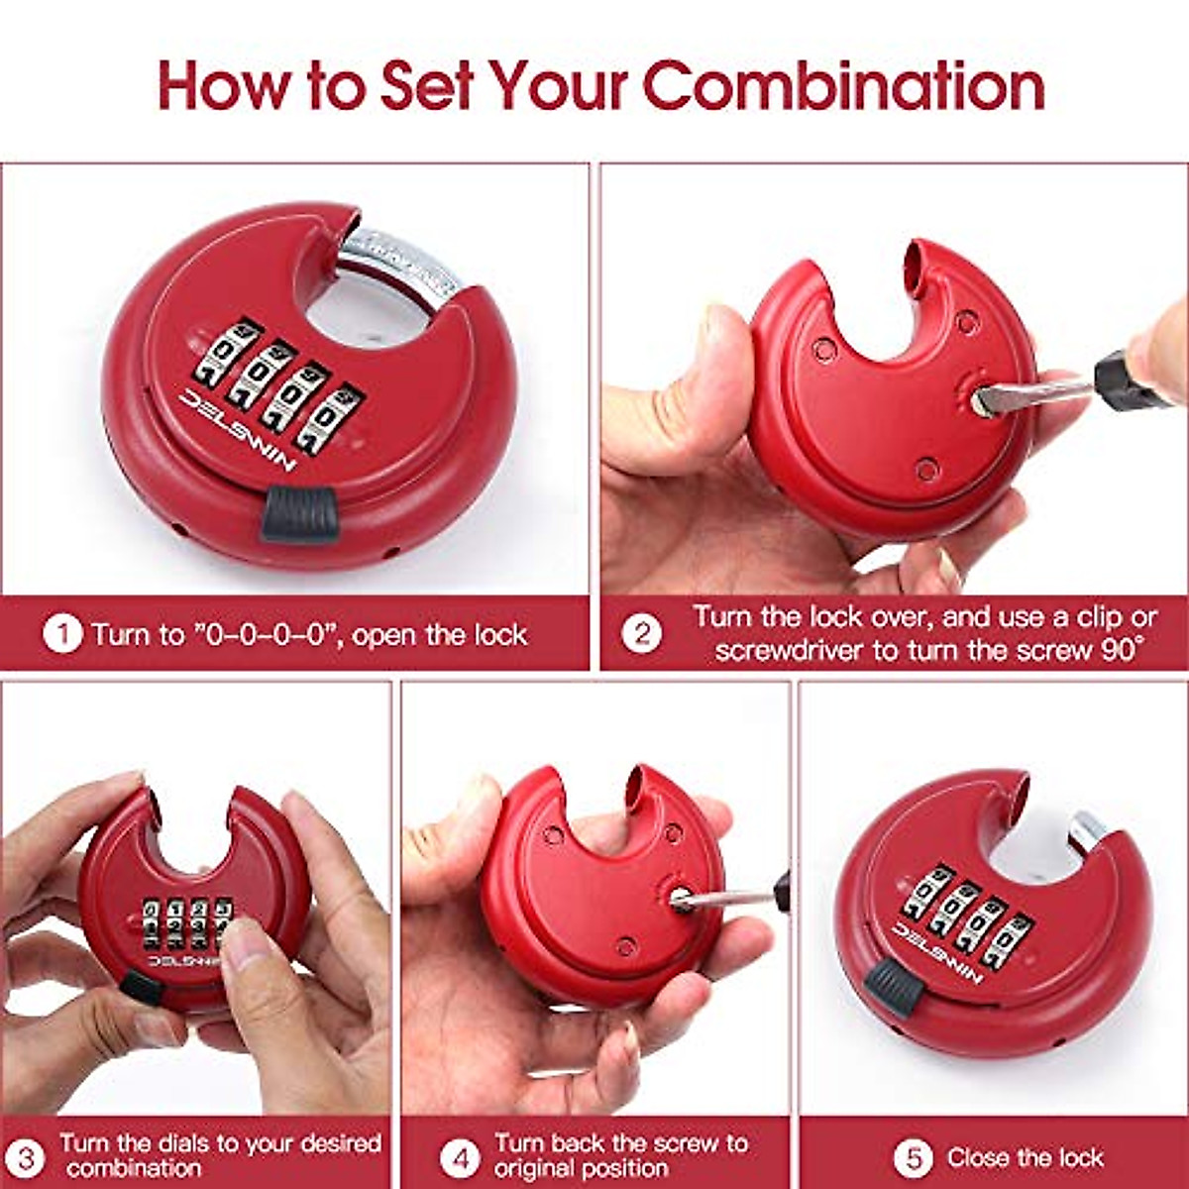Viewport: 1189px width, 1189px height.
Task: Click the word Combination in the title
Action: [844, 85]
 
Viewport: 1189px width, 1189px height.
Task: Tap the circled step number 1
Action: [62, 634]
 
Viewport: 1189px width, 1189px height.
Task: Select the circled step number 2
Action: [641, 634]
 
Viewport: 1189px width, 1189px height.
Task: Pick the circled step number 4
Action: [458, 1156]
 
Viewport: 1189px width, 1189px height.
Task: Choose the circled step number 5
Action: [913, 1157]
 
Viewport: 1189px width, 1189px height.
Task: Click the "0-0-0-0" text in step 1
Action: [262, 634]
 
